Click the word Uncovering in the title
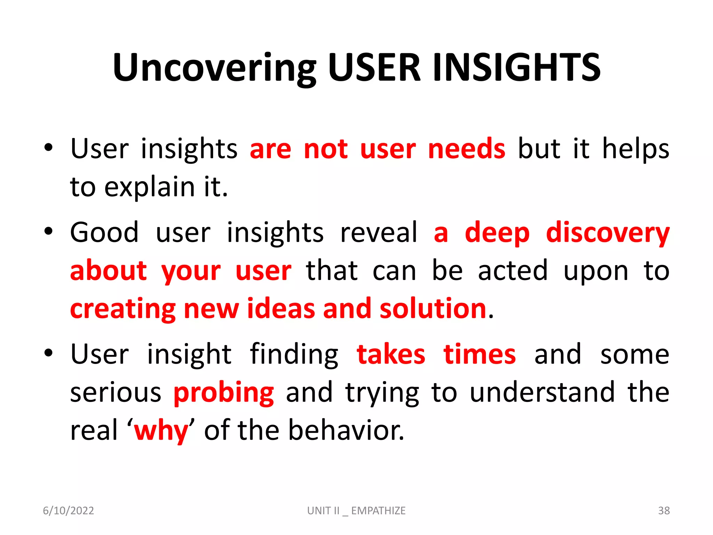click(x=214, y=68)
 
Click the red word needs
click(x=467, y=149)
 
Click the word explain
click(x=150, y=188)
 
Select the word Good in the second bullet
click(x=104, y=233)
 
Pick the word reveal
click(x=378, y=233)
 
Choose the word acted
click(x=513, y=271)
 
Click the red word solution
click(x=433, y=309)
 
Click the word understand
click(x=542, y=393)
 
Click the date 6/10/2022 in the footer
click(x=68, y=511)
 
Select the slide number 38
click(x=664, y=511)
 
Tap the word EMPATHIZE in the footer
click(x=378, y=511)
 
